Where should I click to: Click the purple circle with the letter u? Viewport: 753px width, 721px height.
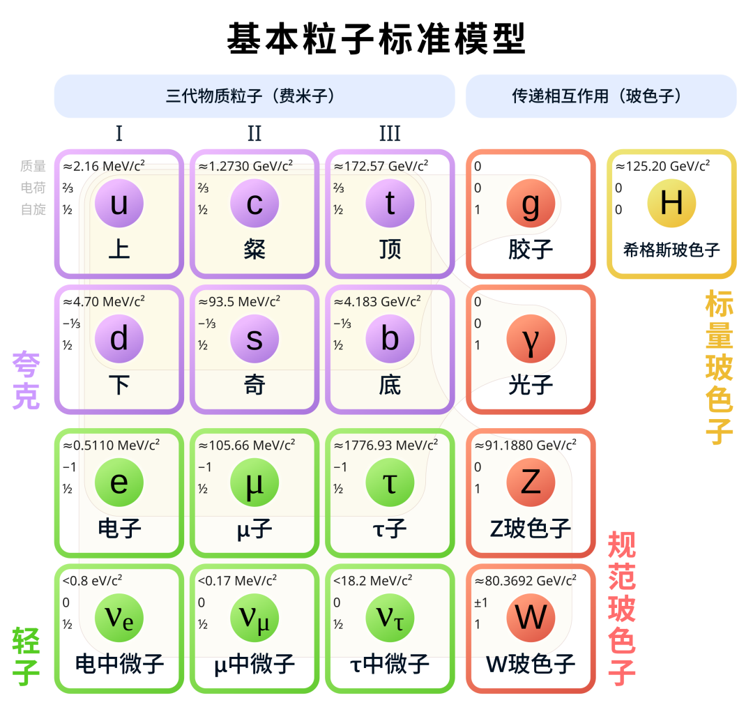[x=119, y=203]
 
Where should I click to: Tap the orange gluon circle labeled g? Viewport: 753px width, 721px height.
[x=531, y=203]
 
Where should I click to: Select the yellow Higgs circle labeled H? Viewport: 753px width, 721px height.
[x=671, y=203]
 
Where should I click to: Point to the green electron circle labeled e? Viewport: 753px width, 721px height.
[x=119, y=483]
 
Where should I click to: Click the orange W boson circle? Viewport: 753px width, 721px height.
[x=531, y=618]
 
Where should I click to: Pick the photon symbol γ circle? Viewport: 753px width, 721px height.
[x=531, y=339]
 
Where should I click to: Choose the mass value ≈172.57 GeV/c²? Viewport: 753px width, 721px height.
[x=381, y=166]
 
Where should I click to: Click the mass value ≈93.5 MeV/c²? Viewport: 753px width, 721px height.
[x=239, y=302]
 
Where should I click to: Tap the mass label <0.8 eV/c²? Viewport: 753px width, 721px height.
[x=92, y=581]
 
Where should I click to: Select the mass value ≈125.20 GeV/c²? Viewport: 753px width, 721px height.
[x=663, y=166]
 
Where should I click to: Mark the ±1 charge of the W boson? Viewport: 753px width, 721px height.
[x=480, y=602]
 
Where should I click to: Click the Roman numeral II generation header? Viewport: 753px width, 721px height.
[x=254, y=133]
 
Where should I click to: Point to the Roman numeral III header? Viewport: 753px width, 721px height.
[x=390, y=133]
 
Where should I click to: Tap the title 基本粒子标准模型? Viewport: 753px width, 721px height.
[x=376, y=38]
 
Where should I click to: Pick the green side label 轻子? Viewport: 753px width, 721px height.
[x=26, y=656]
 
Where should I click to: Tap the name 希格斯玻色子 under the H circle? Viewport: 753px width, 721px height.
[x=671, y=250]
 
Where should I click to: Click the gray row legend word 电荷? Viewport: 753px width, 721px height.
[x=33, y=188]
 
